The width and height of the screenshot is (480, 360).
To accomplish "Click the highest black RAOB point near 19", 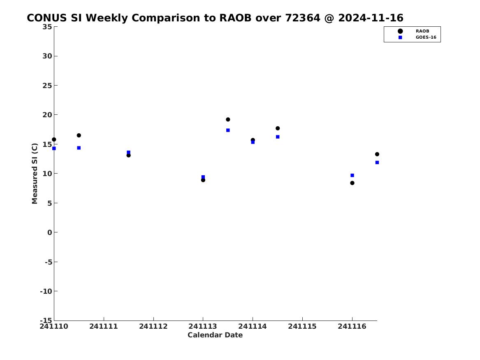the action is point(228,119).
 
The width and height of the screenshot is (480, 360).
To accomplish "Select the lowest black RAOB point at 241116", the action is point(352,183).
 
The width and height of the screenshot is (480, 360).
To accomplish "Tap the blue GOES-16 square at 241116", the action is point(352,175).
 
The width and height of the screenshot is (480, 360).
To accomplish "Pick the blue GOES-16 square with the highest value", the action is point(228,130).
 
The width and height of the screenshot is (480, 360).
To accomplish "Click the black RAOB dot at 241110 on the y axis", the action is point(54,139).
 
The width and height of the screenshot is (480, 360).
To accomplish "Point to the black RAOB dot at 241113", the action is point(203,180).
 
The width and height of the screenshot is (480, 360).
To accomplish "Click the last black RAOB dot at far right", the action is point(377,154).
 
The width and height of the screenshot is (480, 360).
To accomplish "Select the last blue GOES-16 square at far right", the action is point(377,163).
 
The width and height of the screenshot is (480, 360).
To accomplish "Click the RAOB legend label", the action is point(422,31).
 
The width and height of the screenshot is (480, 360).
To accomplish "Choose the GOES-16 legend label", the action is point(426,37).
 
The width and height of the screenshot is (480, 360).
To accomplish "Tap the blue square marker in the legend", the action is point(400,37).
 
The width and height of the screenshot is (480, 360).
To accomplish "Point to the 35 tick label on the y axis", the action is point(47,27).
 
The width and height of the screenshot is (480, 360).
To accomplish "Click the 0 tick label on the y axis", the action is point(50,232).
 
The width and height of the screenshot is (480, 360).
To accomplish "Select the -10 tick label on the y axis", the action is point(46,291).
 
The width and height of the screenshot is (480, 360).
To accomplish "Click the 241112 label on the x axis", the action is point(153,326).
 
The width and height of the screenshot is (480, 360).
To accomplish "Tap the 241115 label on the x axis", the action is point(302,326).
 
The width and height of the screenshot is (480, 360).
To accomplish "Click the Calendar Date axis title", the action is point(215,335).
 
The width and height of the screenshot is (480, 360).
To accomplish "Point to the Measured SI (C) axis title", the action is point(35,174).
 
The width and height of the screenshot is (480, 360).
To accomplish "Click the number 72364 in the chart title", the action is point(302,18).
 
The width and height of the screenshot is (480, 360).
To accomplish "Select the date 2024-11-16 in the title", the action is point(371,18).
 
